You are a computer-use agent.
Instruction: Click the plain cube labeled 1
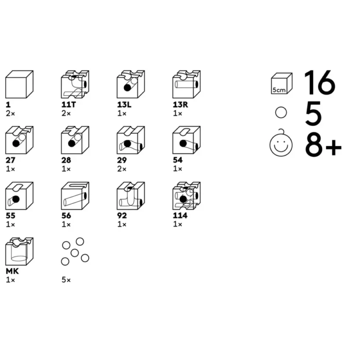(19, 84)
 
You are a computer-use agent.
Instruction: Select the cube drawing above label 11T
(75, 84)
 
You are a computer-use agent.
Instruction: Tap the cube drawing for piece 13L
(130, 84)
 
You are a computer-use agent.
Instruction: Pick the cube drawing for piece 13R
(186, 84)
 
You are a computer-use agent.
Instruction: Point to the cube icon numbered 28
(75, 140)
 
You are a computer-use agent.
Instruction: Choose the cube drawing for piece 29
(130, 140)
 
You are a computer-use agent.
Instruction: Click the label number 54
(177, 160)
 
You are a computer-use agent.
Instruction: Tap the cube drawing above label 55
(19, 196)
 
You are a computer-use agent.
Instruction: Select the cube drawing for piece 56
(75, 196)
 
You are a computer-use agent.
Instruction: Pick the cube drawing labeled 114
(186, 196)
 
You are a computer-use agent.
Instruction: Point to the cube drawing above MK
(19, 251)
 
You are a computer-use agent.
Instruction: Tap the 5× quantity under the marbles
(66, 280)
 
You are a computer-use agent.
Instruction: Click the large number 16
(320, 83)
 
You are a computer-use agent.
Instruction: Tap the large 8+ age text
(323, 144)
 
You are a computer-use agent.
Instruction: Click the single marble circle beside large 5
(281, 113)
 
